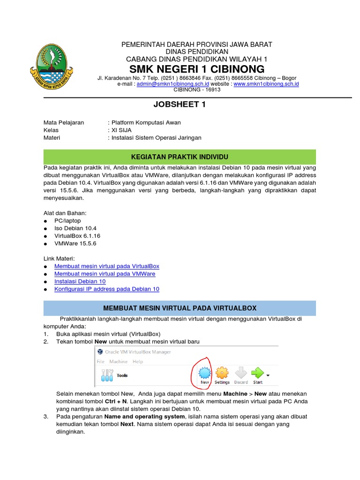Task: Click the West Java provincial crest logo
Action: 51,67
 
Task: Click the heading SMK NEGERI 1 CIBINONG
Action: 197,69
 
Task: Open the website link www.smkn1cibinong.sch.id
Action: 266,84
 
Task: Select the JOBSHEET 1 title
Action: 180,105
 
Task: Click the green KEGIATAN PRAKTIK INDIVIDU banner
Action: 180,156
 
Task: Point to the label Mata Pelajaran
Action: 64,123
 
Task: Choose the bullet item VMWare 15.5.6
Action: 75,243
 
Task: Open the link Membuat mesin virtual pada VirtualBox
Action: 107,266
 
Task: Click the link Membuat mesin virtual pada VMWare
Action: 105,274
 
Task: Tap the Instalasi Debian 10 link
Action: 80,281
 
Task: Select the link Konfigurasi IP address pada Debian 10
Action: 107,289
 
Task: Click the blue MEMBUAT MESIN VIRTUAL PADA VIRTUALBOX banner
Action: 180,308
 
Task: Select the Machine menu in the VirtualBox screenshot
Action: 118,361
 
